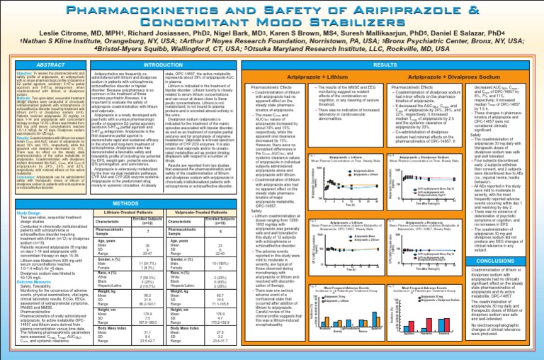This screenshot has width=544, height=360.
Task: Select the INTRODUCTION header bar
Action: click(162, 64)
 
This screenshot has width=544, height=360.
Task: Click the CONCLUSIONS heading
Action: click(504, 261)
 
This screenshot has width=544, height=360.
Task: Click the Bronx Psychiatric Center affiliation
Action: click(438, 51)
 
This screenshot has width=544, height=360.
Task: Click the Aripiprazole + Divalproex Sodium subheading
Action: click(441, 75)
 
